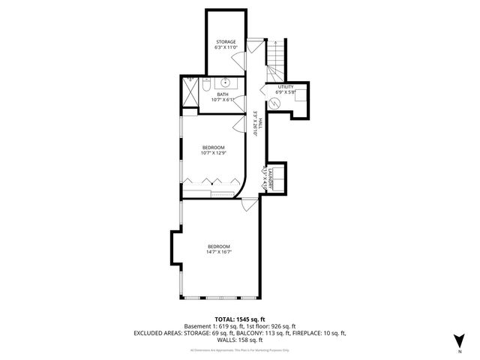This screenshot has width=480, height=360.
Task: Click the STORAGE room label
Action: [226, 41]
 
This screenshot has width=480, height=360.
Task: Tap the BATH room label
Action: [223, 94]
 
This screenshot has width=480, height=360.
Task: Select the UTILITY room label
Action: [286, 87]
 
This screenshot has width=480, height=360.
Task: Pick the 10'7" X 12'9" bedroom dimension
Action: [214, 153]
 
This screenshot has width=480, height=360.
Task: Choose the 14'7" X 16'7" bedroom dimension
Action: [218, 252]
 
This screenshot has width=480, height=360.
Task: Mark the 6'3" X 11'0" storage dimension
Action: [226, 47]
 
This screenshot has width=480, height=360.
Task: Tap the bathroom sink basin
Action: [224, 82]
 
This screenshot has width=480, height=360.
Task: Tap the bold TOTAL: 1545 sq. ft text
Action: [240, 319]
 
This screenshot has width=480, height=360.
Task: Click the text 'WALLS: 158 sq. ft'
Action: [240, 339]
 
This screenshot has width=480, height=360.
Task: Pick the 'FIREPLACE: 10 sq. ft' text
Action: [322, 332]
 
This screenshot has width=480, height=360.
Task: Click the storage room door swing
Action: [239, 61]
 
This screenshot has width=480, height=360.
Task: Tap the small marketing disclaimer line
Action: [240, 349]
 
